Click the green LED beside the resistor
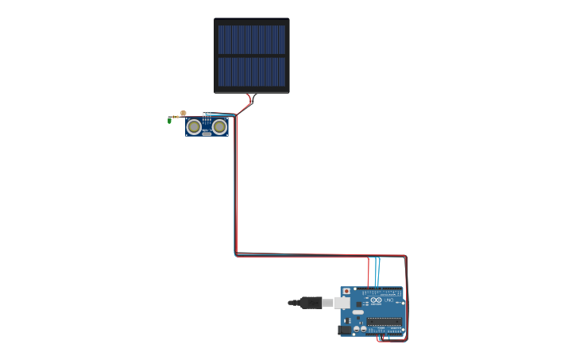coord(169,120)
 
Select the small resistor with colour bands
coord(176,117)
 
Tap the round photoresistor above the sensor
coord(184,114)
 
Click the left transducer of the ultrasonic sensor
coord(194,126)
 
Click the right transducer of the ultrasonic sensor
coord(220,126)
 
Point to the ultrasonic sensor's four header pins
coord(207,114)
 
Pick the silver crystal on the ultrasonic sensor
coord(207,134)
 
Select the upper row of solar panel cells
coord(251,39)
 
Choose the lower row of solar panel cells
coord(251,72)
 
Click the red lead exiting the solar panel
coord(248,100)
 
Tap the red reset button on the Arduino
coord(346,292)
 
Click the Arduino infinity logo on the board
coord(376,300)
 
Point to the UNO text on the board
coord(389,300)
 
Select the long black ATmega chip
coord(384,321)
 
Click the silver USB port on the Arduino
coord(342,303)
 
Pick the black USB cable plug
coord(310,302)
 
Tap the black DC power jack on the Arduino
coord(344,330)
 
